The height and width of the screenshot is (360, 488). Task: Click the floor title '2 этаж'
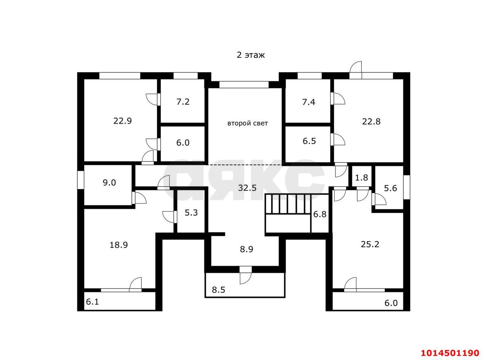click(251, 55)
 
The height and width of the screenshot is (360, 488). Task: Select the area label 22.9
click(122, 121)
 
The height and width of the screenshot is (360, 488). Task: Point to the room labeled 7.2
click(183, 102)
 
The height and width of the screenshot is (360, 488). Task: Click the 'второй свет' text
click(248, 123)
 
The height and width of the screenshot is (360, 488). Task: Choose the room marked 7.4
click(309, 102)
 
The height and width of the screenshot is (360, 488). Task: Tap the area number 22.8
click(371, 121)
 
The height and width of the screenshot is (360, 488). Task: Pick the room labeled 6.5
click(309, 141)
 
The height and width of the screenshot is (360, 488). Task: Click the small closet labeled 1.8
click(362, 178)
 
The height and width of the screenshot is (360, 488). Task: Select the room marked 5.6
click(390, 188)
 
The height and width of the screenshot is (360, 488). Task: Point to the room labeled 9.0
click(109, 183)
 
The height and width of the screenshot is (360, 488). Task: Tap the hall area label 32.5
click(247, 188)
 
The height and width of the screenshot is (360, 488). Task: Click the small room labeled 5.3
click(191, 212)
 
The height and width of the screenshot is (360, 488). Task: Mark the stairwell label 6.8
click(320, 214)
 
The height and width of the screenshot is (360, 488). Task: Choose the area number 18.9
click(119, 245)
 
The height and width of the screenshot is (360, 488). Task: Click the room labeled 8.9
click(246, 249)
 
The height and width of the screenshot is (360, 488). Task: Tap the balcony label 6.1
click(92, 302)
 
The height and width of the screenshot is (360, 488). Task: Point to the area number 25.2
click(370, 244)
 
